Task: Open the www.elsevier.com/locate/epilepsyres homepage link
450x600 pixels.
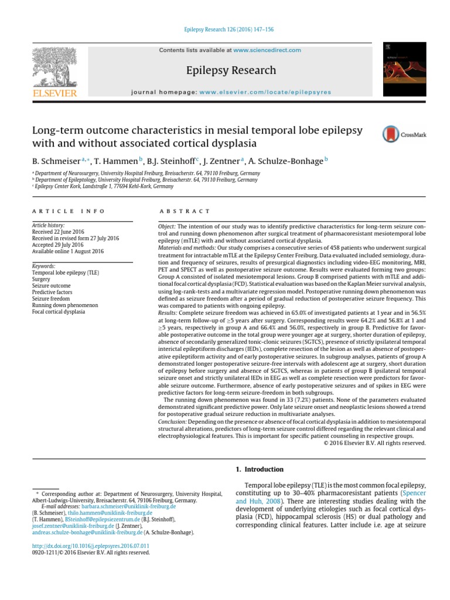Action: pyautogui.click(x=265, y=92)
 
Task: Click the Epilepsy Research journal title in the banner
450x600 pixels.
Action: pyautogui.click(x=230, y=70)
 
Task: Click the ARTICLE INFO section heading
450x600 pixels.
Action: pyautogui.click(x=69, y=211)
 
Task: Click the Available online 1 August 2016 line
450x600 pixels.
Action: pyautogui.click(x=67, y=251)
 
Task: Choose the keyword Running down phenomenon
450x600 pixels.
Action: pyautogui.click(x=65, y=305)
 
